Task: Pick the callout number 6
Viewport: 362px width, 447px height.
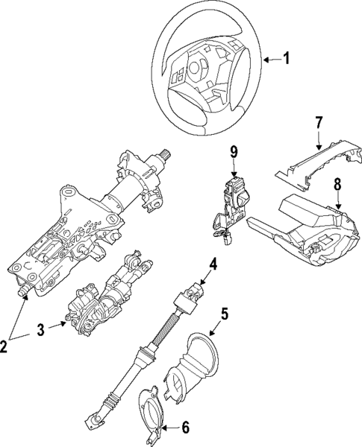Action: [x=185, y=428]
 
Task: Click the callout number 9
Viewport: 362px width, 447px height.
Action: [x=234, y=153]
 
